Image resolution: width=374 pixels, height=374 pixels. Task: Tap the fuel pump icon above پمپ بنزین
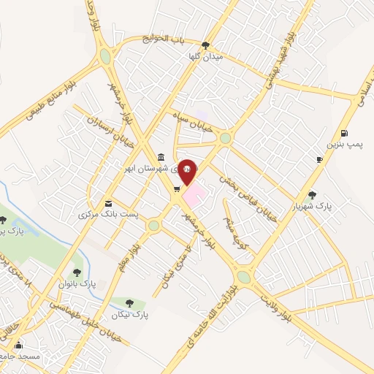(x=344, y=134)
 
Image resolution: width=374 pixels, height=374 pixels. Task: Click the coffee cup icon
(x=319, y=159)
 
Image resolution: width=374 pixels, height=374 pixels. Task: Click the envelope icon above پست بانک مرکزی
(x=109, y=203)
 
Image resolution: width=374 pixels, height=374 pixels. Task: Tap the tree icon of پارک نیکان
(x=129, y=302)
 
